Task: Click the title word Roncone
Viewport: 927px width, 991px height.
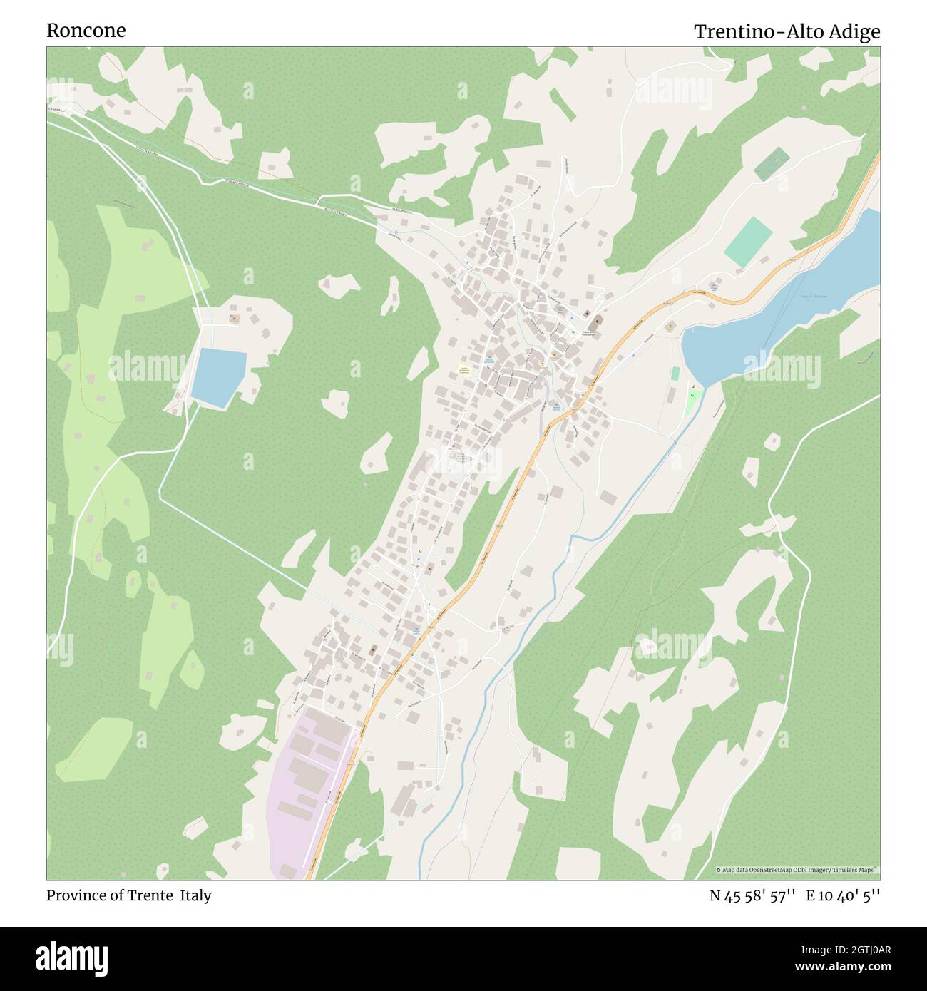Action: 86,31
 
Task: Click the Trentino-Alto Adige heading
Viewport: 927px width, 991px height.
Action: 787,32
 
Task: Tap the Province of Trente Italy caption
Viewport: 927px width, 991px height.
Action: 128,895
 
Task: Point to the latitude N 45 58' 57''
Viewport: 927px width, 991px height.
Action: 752,895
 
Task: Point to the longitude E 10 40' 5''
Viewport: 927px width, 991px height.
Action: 843,895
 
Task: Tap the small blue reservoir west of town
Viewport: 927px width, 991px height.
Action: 219,377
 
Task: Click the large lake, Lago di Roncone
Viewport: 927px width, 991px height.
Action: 784,314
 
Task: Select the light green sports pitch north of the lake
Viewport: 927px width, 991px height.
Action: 748,243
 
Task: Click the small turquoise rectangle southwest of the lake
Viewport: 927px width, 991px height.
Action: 675,373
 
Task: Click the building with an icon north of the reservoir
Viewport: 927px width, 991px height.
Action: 233,319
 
